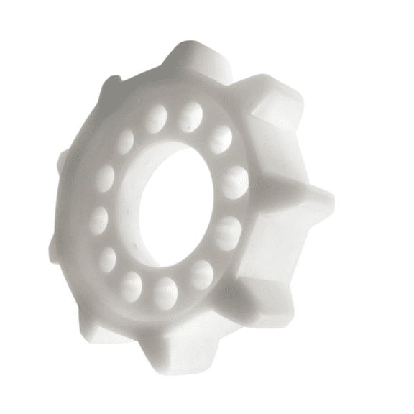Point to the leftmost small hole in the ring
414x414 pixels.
click(x=99, y=217)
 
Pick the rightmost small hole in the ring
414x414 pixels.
click(x=234, y=182)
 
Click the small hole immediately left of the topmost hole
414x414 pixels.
click(x=155, y=118)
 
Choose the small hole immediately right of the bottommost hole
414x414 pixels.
click(x=201, y=274)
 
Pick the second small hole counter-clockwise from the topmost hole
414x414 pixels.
click(x=126, y=141)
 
